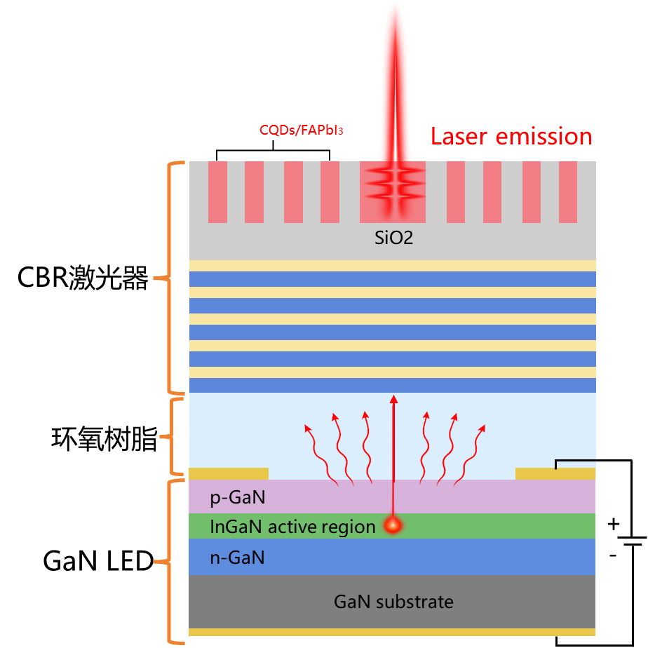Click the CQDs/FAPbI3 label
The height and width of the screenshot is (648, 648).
pos(302,130)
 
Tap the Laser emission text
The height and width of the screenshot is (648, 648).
pos(512,136)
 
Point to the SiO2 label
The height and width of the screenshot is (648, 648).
pos(393,238)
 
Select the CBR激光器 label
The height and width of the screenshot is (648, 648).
pos(83,278)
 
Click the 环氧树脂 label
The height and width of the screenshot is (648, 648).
pos(104,438)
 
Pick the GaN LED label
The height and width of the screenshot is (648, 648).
pos(98,561)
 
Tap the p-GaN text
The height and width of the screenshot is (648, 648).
pos(237,498)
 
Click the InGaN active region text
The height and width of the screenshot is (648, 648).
pos(292,527)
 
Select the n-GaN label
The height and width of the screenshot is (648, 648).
pos(237,558)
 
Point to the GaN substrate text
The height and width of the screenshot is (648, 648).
pos(393,602)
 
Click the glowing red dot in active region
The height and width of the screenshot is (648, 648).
pos(393,525)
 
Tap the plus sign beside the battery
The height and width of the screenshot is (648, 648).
pos(613,524)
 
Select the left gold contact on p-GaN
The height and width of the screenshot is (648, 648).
pos(229,473)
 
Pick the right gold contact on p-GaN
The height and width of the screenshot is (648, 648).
pos(555,473)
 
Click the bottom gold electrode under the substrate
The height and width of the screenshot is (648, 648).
pos(392,632)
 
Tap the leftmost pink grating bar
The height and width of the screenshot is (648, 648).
pos(218,192)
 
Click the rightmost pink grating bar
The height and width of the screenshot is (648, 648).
pos(568,192)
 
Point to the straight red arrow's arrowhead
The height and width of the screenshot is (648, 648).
pos(394,399)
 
